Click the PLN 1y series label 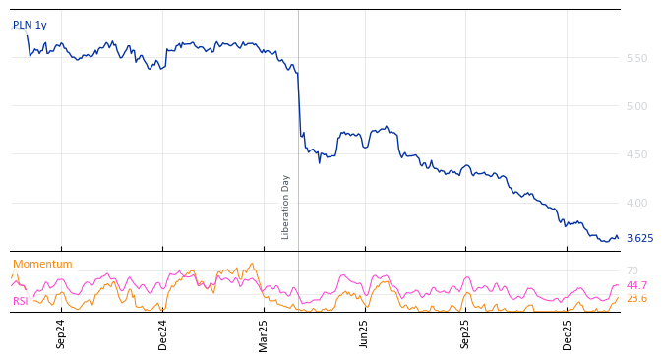pos(30,26)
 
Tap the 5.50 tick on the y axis pos(636,59)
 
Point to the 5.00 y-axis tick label pos(636,107)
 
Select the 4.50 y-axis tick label pos(636,155)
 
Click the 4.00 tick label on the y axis pos(636,204)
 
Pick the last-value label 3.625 pos(639,239)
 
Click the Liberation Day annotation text pos(286,207)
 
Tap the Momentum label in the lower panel pos(42,265)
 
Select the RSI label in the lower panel pos(21,302)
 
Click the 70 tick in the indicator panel pos(633,271)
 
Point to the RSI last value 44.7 pos(636,286)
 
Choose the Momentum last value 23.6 pos(636,299)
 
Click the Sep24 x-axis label pos(61,333)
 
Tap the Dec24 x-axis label pos(163,333)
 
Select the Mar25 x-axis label pos(264,333)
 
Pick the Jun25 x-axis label pos(365,333)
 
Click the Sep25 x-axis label pos(465,333)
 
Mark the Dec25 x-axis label pos(568,333)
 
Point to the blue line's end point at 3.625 pos(618,238)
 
